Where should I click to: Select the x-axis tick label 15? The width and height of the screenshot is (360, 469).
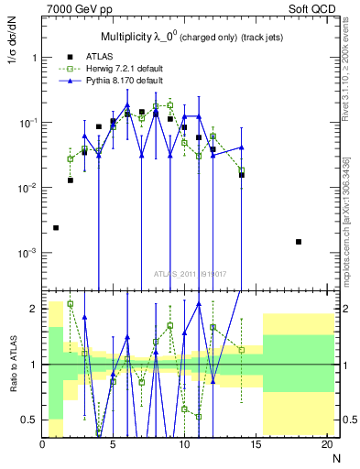pyautogui.click(x=255, y=444)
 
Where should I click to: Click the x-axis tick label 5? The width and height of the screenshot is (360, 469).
pyautogui.click(x=113, y=444)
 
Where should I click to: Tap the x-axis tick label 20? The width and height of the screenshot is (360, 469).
pyautogui.click(x=325, y=444)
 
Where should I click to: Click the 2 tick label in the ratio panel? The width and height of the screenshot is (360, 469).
pyautogui.click(x=35, y=309)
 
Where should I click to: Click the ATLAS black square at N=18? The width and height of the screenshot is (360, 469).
pyautogui.click(x=298, y=242)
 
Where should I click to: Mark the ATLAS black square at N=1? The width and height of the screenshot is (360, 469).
pyautogui.click(x=56, y=227)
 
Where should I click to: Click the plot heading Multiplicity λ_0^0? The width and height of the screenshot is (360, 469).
pyautogui.click(x=137, y=38)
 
